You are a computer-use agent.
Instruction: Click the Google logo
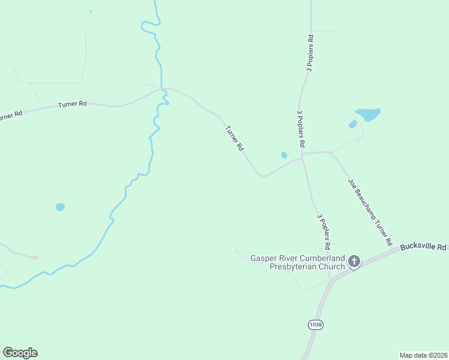pyautogui.click(x=20, y=353)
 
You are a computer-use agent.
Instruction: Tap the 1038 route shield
pyautogui.click(x=315, y=325)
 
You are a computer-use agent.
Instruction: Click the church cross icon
pyautogui.click(x=354, y=261)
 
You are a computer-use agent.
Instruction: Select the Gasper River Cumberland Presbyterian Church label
pyautogui.click(x=298, y=262)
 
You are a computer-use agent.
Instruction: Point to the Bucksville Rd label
pyautogui.click(x=424, y=247)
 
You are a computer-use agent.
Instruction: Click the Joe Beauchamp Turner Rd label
pyautogui.click(x=370, y=212)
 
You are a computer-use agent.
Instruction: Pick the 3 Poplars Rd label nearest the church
pyautogui.click(x=324, y=232)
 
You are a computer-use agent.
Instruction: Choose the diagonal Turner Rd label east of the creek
pyautogui.click(x=234, y=138)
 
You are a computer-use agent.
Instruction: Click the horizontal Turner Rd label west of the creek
pyautogui.click(x=73, y=104)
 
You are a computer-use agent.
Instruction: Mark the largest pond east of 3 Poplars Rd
pyautogui.click(x=368, y=113)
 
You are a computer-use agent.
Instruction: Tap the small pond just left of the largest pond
pyautogui.click(x=353, y=124)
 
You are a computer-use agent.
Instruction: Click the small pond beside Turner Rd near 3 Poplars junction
pyautogui.click(x=284, y=155)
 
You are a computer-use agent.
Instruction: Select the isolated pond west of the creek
pyautogui.click(x=60, y=207)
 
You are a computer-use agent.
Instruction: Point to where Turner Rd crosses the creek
pyautogui.click(x=163, y=91)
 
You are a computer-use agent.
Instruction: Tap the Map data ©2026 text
pyautogui.click(x=424, y=355)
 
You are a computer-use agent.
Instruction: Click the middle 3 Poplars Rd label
pyautogui.click(x=300, y=128)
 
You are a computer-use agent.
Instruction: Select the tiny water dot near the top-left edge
pyautogui.click(x=91, y=11)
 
